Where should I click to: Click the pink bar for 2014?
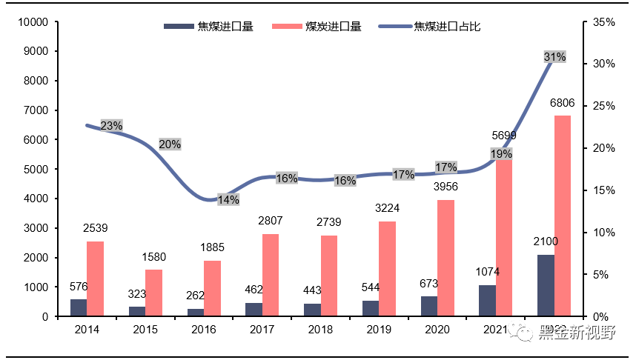tap(95, 279)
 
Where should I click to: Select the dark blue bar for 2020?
tap(428, 306)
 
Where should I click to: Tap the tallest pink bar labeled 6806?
tap(563, 216)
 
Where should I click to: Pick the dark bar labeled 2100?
tap(546, 285)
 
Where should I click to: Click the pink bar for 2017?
tap(271, 275)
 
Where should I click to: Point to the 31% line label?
tap(554, 57)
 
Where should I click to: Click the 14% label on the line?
tap(228, 199)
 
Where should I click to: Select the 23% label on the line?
tap(111, 126)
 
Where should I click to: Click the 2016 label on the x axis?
tap(204, 330)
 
